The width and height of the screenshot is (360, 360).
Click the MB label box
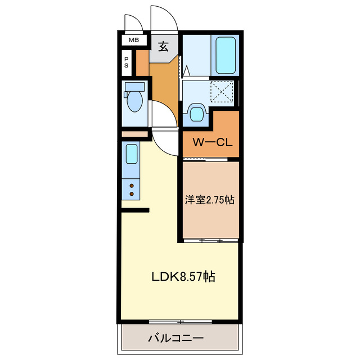click(x=133, y=40)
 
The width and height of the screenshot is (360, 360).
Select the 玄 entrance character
click(x=163, y=47)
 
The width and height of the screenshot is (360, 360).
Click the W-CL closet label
click(x=211, y=142)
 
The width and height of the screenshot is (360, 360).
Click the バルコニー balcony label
click(x=175, y=338)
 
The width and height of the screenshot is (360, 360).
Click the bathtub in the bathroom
click(x=225, y=56)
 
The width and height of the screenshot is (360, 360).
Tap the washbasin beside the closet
click(x=196, y=113)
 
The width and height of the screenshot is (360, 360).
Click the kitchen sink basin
click(x=131, y=153)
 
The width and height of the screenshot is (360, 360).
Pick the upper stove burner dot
click(x=132, y=185)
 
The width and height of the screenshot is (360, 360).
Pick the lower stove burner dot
click(x=132, y=194)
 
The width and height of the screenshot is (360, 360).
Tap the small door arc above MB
click(x=133, y=22)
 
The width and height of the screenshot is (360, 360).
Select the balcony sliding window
click(x=180, y=321)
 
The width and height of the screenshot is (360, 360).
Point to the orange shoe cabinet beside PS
click(x=142, y=62)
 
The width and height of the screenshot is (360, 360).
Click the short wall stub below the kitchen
click(x=135, y=210)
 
